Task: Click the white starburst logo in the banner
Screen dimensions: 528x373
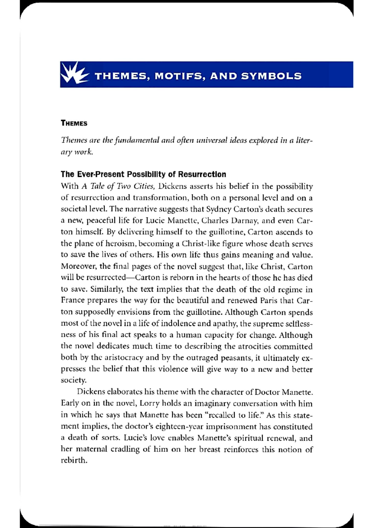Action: (74, 74)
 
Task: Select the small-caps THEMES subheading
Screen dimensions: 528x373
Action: (74, 123)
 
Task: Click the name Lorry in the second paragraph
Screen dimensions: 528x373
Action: (149, 404)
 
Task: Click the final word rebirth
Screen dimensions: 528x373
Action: (74, 461)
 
